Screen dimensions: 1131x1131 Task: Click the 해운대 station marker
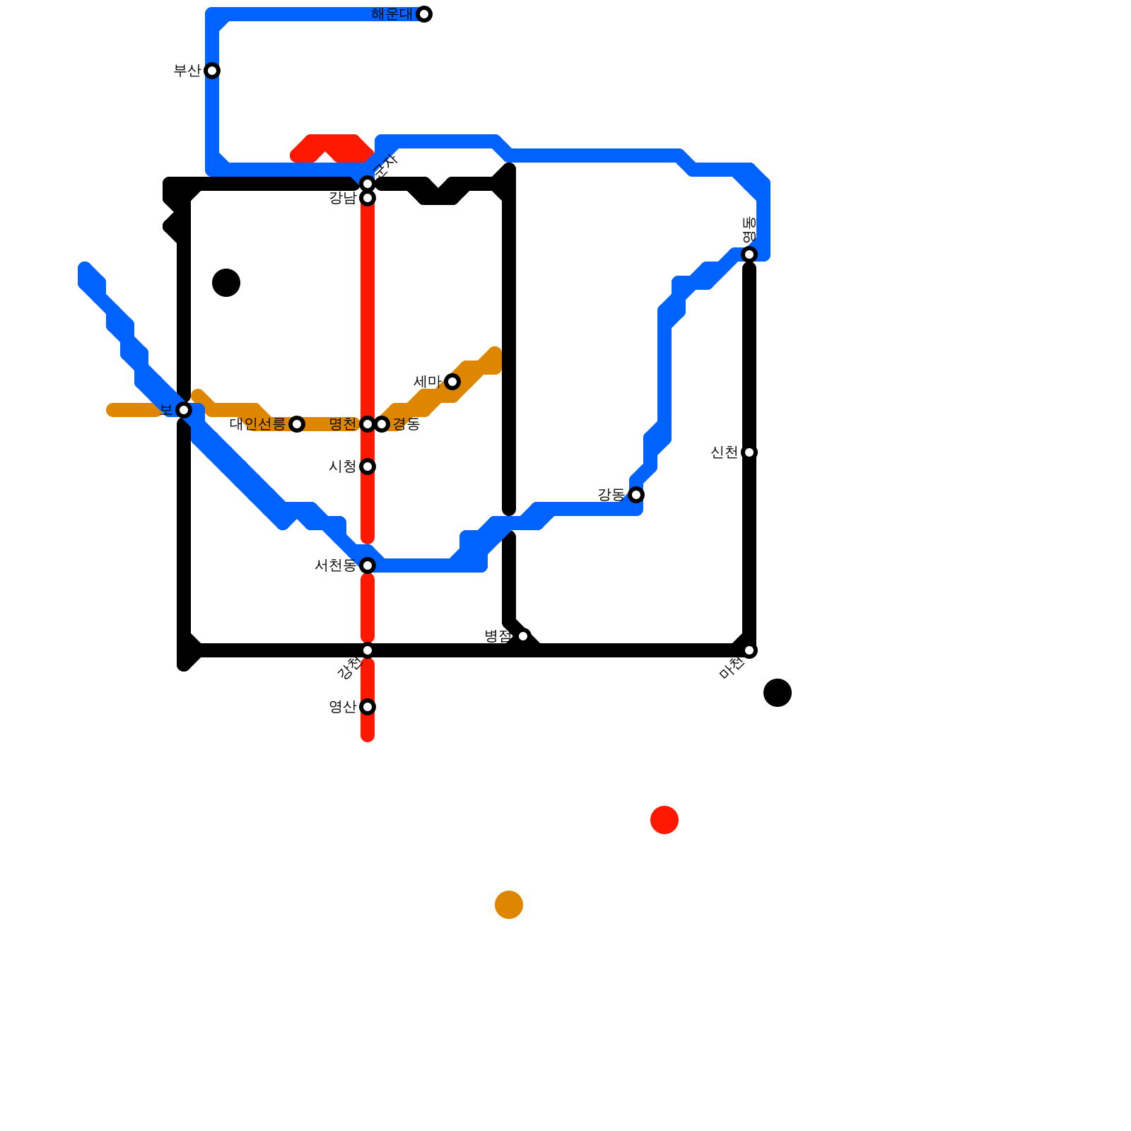click(424, 14)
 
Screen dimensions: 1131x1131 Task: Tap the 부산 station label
click(187, 71)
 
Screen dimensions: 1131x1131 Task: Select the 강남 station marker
click(368, 198)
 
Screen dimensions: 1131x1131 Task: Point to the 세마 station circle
click(452, 382)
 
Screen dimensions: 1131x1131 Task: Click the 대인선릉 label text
click(257, 424)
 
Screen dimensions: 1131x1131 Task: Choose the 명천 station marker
click(368, 424)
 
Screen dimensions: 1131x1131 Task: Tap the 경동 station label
click(406, 424)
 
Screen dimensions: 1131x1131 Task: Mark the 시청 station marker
click(368, 467)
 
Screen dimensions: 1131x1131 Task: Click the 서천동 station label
click(335, 565)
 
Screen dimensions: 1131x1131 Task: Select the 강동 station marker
click(636, 495)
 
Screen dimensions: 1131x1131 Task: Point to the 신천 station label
click(724, 452)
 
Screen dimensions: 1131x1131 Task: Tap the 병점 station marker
click(523, 636)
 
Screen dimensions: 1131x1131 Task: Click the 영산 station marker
click(368, 707)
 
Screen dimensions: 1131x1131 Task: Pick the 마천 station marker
click(749, 650)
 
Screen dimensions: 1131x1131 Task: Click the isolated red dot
click(664, 820)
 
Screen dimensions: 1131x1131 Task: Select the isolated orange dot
click(509, 905)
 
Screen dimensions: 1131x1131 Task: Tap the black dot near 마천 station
click(778, 693)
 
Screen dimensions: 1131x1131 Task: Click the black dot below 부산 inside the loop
click(226, 283)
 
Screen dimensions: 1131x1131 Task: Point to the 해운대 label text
click(392, 14)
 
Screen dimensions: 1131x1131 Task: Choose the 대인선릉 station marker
click(297, 424)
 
